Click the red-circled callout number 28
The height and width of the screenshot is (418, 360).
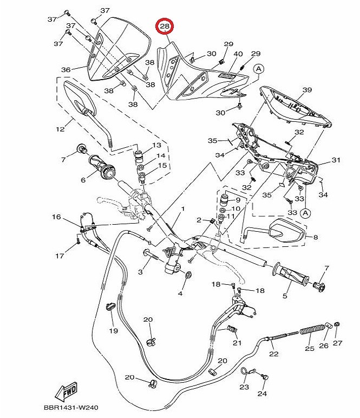pos(165,27)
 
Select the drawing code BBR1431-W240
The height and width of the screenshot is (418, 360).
pos(71,408)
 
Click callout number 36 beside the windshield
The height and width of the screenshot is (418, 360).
pos(66,70)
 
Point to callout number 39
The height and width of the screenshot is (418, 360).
pos(307,89)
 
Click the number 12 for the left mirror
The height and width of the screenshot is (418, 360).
pos(60,129)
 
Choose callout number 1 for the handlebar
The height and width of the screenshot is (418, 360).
pos(183,208)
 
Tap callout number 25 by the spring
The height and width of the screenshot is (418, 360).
pos(309,348)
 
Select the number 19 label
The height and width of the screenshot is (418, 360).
pos(114,331)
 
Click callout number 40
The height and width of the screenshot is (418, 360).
pos(238,54)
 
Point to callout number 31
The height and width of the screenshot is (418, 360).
pos(336,160)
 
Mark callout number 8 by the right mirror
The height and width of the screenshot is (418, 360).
pos(316,237)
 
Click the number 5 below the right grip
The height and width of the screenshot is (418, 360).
pos(285,296)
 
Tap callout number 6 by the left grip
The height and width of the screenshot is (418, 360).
pos(83,180)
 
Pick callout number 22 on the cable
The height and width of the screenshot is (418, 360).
pos(274,354)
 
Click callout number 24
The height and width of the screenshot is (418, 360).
pos(262,394)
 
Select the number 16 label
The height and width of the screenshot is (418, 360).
pos(56,217)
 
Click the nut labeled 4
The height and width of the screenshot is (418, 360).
pos(188,275)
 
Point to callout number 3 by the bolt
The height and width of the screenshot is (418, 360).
pos(140,272)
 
